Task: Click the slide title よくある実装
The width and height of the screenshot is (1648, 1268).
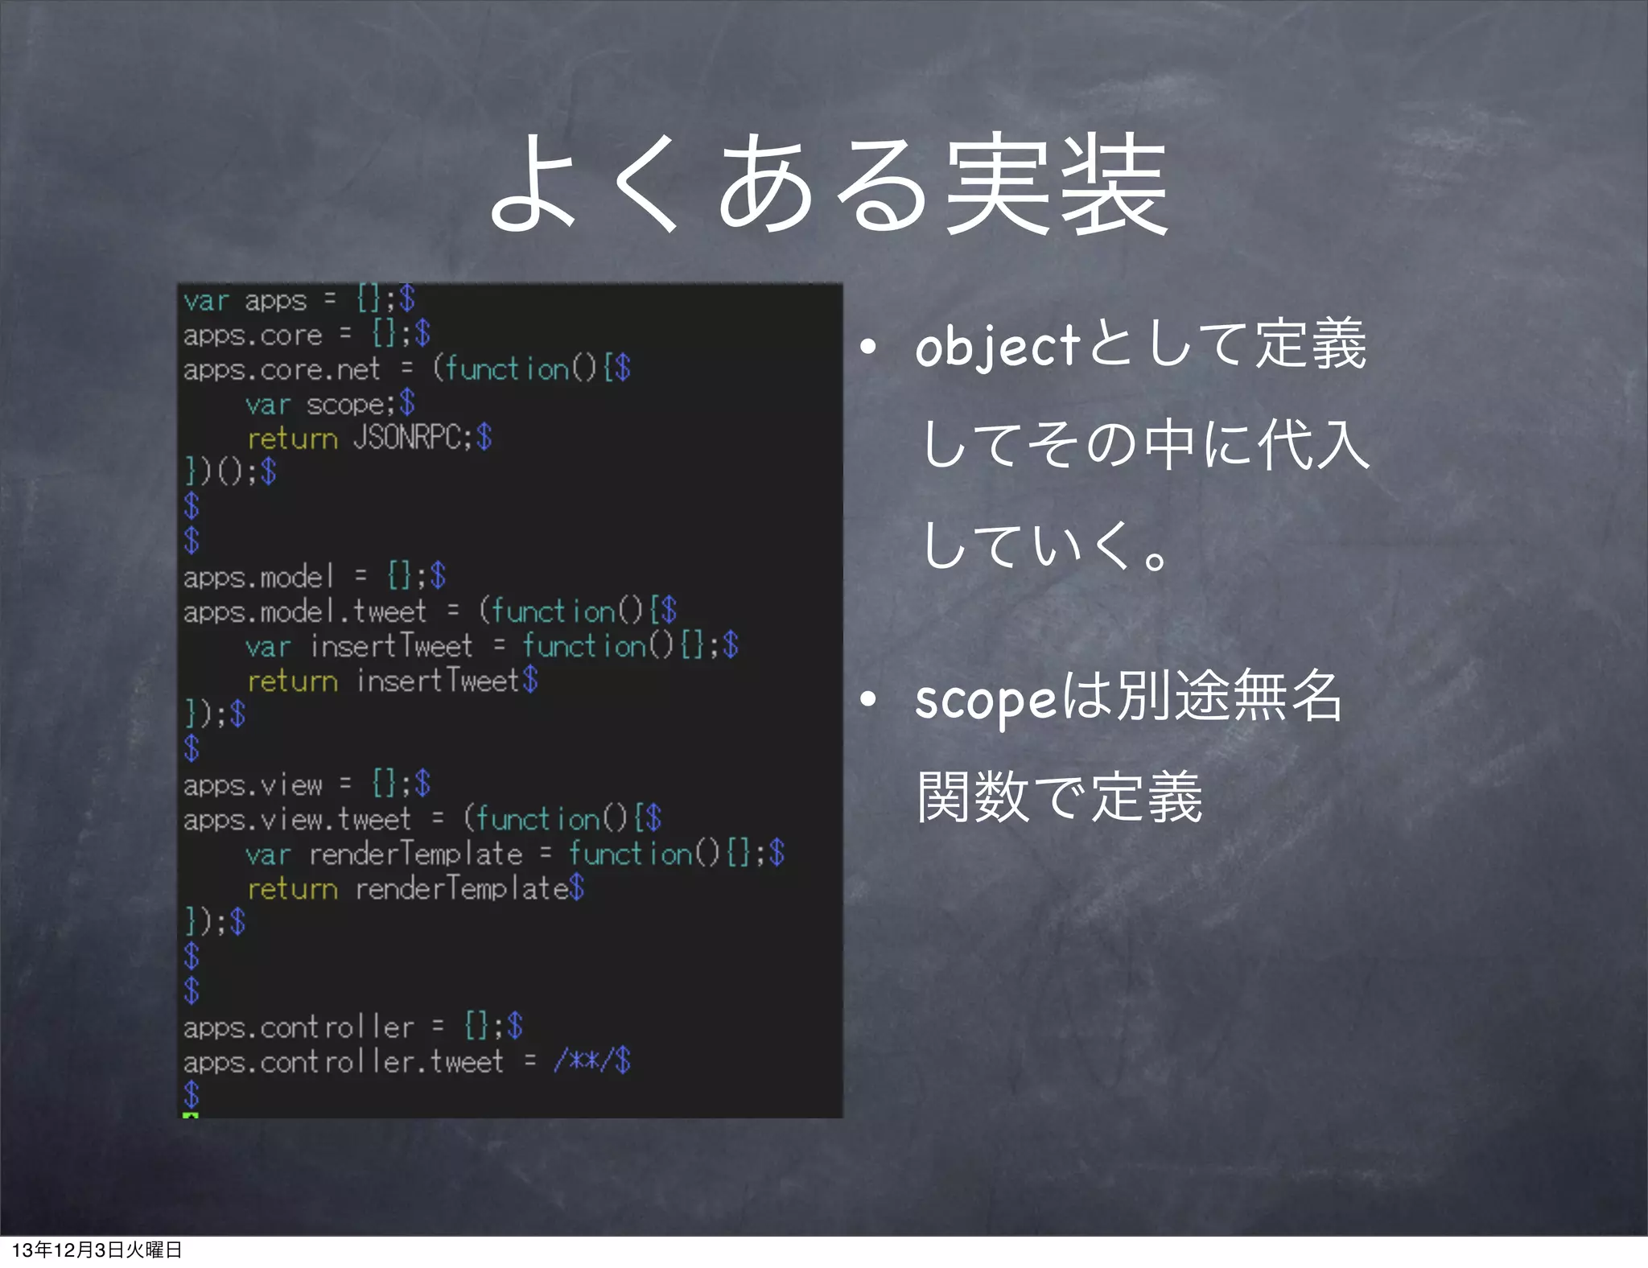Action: coord(829,185)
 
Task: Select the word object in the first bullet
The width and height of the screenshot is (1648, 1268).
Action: coord(998,348)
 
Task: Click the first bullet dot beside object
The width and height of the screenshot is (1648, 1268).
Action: coord(867,348)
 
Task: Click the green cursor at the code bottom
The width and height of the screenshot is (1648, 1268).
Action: coord(191,1115)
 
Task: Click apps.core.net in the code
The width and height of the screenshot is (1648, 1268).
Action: coord(281,369)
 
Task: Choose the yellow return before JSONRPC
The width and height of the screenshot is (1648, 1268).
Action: coord(292,439)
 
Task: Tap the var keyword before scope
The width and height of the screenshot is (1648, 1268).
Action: coord(268,405)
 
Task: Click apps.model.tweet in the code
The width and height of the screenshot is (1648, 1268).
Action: coord(304,612)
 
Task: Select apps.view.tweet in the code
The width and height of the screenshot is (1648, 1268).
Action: coord(297,820)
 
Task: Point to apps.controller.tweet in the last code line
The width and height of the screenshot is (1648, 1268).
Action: coord(343,1062)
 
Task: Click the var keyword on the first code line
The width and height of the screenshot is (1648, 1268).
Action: coord(207,301)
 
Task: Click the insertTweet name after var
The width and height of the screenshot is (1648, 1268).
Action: coord(391,646)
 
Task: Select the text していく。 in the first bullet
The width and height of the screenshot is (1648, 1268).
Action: coord(1046,547)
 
